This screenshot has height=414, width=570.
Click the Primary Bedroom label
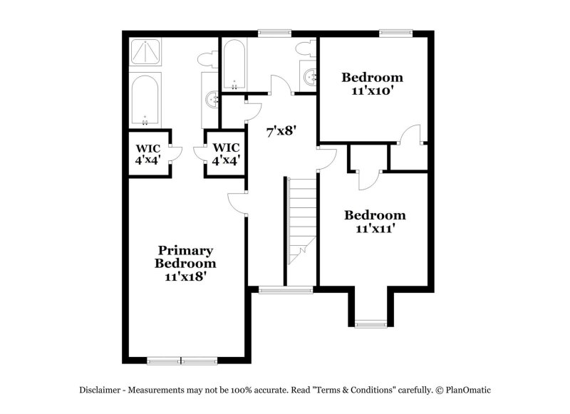(185, 257)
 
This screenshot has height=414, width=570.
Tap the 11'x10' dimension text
(372, 90)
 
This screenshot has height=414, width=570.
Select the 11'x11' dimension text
(375, 229)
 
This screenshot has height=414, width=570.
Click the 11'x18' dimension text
(185, 276)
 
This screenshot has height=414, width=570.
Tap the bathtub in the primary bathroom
(146, 100)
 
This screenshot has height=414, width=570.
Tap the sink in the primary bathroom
(211, 99)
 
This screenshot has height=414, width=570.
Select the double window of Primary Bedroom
(182, 361)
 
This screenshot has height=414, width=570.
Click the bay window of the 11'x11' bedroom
(370, 324)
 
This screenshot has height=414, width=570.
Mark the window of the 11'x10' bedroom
(395, 32)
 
